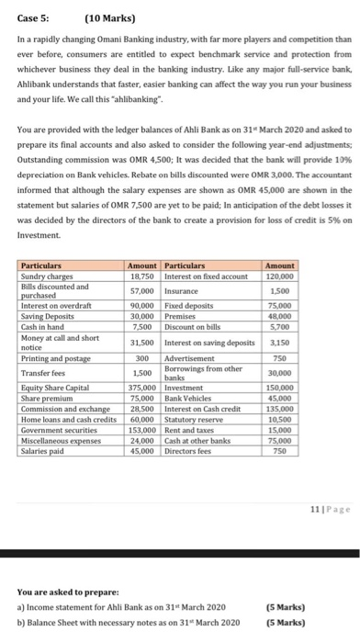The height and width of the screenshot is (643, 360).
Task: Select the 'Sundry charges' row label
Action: pos(44,248)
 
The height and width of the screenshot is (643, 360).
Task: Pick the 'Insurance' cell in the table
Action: pos(180,263)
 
